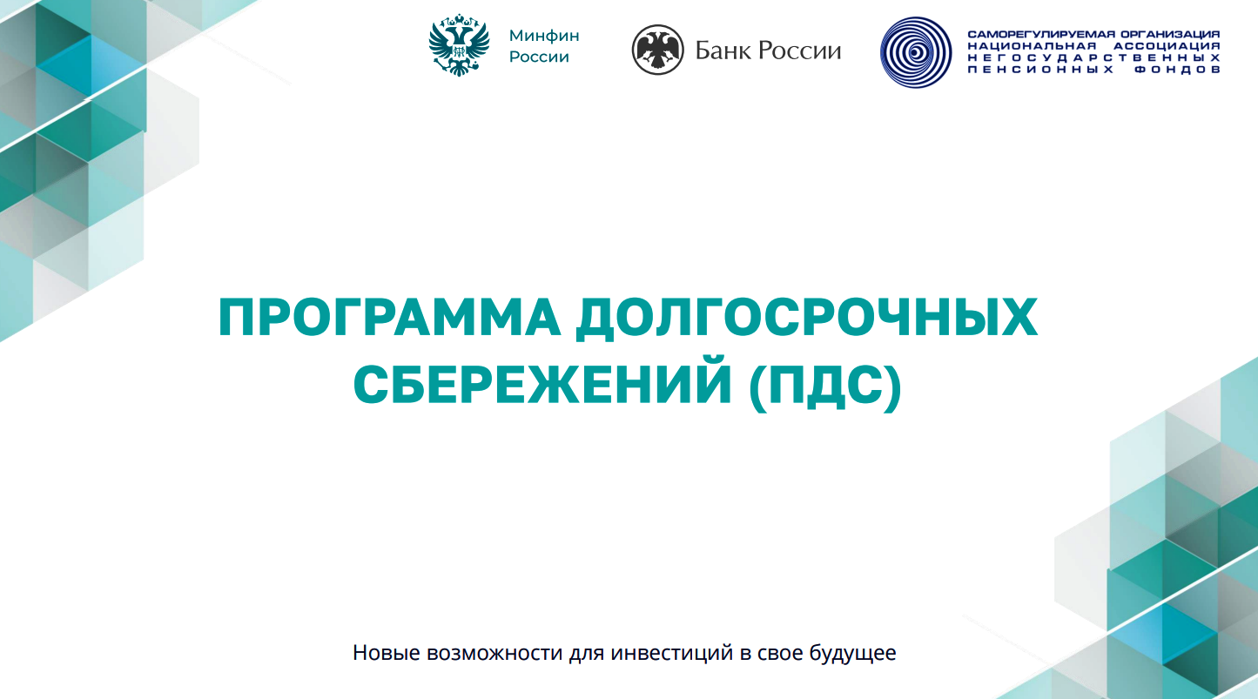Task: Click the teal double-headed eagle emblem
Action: coord(459,45)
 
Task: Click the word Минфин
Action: coord(544,36)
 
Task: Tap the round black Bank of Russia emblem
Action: coord(657,50)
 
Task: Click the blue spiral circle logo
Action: coord(916,52)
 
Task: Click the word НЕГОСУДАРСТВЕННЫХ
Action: coord(1093,57)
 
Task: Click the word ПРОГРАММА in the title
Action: coord(389,318)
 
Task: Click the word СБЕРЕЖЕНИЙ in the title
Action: coord(542,384)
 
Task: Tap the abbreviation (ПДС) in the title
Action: coord(825,387)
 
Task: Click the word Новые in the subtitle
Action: coord(387,653)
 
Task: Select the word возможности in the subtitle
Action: coord(494,653)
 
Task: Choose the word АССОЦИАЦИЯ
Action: coord(1167,46)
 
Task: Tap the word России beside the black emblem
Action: coord(800,50)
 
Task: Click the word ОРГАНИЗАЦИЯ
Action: coord(1170,34)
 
